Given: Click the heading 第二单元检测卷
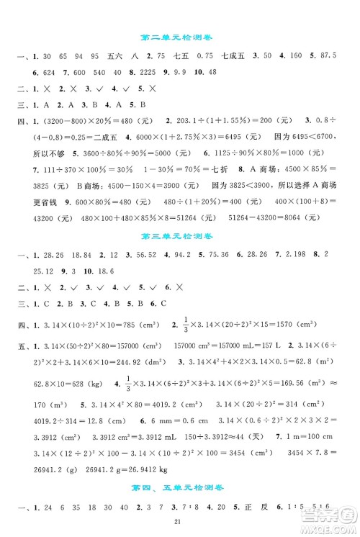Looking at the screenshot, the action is click(180, 37).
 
